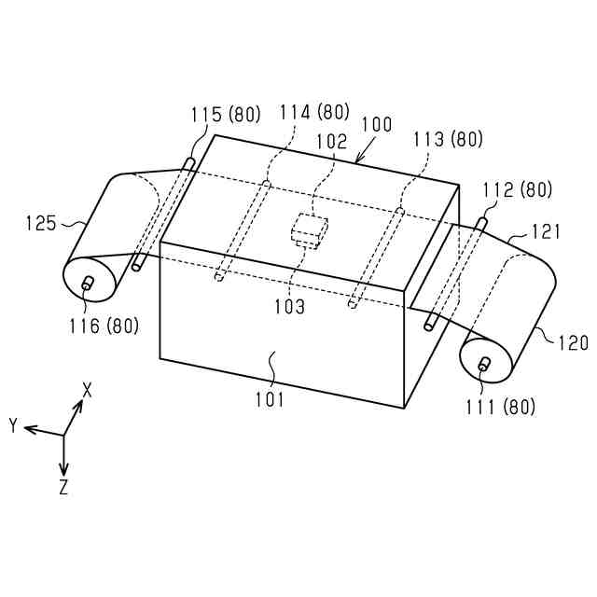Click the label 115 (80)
coord(225,116)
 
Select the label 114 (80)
coord(314,112)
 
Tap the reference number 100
coord(376,124)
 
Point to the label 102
coord(331,142)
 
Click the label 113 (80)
coord(448,140)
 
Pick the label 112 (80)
coord(517,189)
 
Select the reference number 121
coord(548,230)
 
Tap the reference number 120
coord(574,343)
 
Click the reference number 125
coord(41,224)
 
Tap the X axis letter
coord(87,389)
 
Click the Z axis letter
coord(62,487)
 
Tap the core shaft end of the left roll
coord(88,283)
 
